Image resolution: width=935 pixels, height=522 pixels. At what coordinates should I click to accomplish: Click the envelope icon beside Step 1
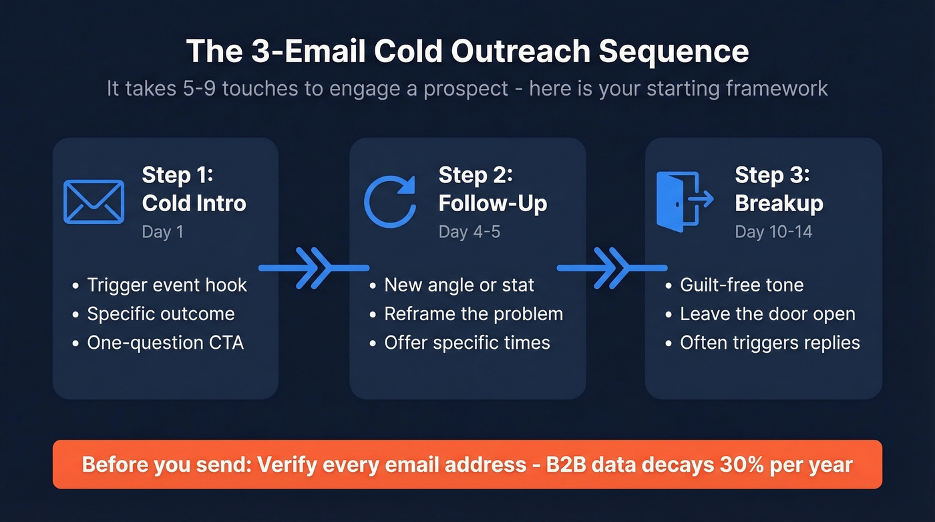click(x=93, y=201)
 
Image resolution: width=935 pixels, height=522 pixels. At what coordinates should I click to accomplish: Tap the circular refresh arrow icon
click(x=390, y=201)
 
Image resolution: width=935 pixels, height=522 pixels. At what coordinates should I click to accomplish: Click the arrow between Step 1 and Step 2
click(x=314, y=268)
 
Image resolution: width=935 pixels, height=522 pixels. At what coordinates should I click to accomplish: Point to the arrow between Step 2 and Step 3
click(x=611, y=268)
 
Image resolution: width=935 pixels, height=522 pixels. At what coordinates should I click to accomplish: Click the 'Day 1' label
click(x=162, y=232)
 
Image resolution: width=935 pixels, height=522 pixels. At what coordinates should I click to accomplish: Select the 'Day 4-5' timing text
click(x=470, y=232)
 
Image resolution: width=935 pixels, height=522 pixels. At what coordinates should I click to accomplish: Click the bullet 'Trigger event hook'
click(x=167, y=285)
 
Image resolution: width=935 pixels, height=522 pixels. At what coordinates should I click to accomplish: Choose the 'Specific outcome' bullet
click(x=161, y=314)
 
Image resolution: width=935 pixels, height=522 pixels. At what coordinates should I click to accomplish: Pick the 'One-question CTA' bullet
click(x=166, y=343)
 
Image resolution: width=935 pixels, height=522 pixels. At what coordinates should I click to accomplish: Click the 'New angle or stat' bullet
click(x=459, y=285)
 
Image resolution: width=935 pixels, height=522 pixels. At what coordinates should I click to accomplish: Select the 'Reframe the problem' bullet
click(x=474, y=314)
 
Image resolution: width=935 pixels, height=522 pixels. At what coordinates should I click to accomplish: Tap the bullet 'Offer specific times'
click(x=467, y=343)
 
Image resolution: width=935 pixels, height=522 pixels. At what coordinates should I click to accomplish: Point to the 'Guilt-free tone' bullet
click(x=741, y=285)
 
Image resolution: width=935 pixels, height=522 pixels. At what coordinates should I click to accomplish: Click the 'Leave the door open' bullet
click(x=767, y=314)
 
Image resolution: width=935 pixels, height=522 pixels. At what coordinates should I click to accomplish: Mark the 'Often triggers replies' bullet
click(x=770, y=343)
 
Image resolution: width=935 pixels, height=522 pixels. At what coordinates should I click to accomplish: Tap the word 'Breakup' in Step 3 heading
click(x=779, y=203)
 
